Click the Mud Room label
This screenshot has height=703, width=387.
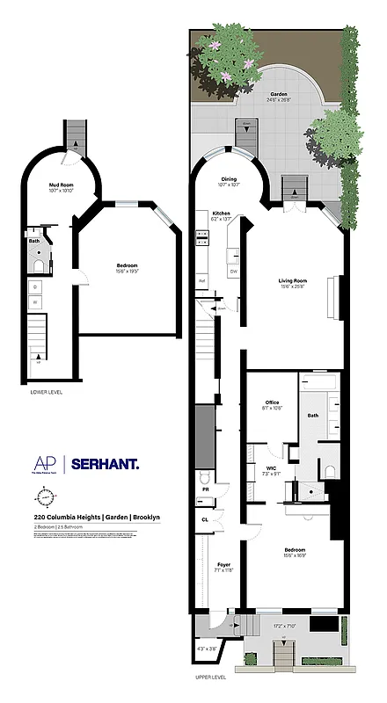point(61,185)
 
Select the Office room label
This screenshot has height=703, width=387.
point(272,403)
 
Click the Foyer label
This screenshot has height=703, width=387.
point(223,565)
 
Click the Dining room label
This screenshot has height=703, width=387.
point(229,178)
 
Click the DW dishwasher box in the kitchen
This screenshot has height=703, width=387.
point(233,271)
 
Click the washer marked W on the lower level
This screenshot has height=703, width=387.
point(35,301)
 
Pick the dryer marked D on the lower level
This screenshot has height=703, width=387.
point(35,286)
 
